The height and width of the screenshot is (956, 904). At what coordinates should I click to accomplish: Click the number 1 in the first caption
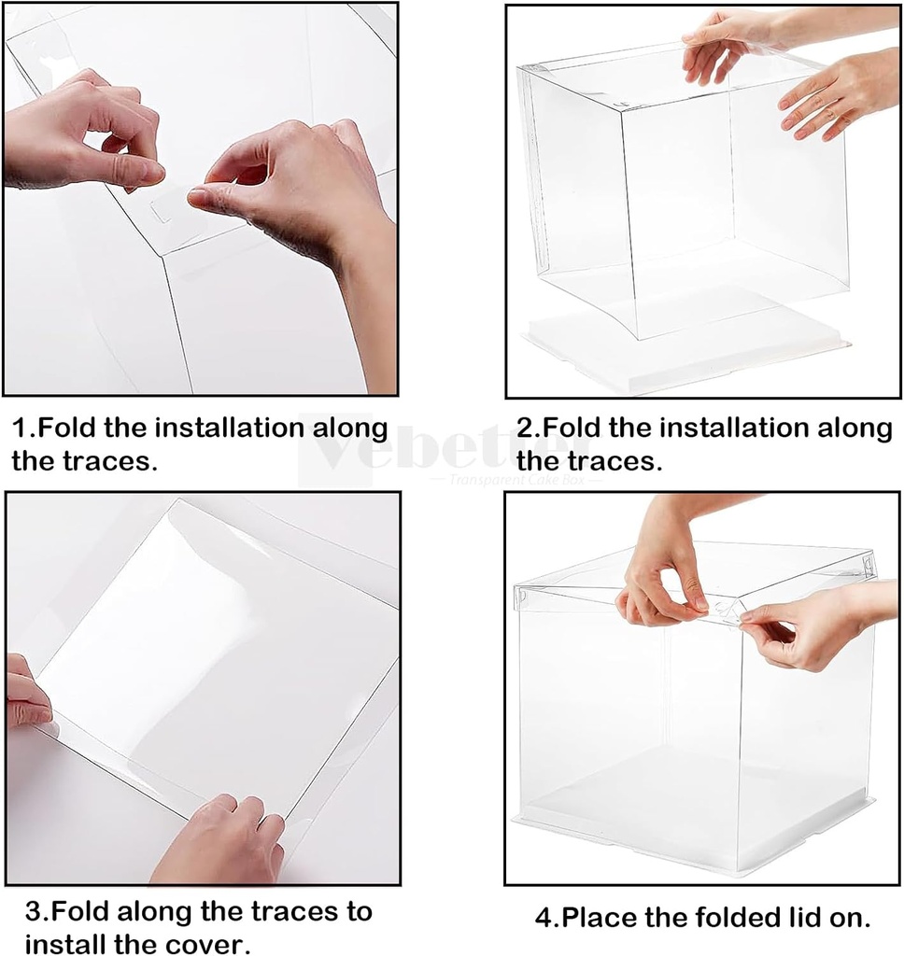20,429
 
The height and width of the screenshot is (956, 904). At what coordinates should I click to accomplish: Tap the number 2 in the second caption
526,429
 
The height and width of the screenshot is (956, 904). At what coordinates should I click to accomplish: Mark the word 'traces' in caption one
99,460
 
